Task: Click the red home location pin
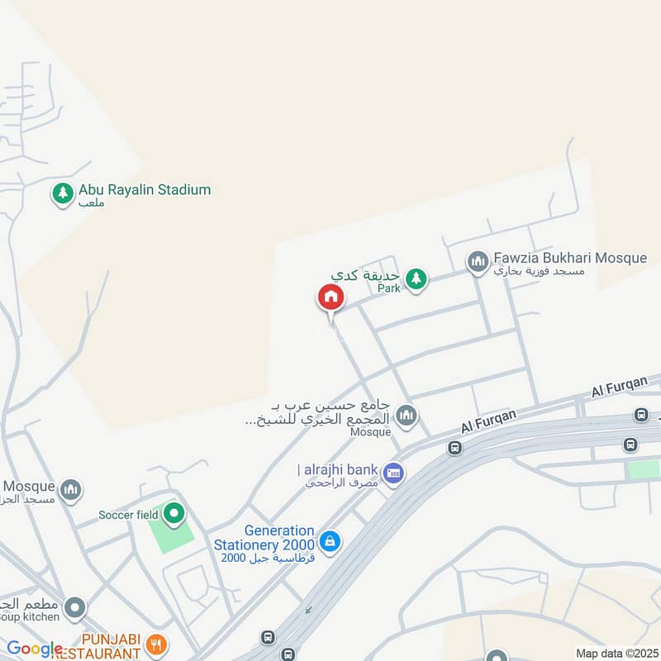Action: click(330, 297)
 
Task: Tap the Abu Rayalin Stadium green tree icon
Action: click(62, 194)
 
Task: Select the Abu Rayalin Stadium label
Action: click(145, 190)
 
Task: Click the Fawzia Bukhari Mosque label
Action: click(569, 258)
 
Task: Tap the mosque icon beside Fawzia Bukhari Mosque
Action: click(478, 263)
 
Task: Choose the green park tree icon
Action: click(417, 278)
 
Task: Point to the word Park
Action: click(388, 288)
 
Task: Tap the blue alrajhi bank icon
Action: click(394, 473)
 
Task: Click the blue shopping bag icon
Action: click(329, 542)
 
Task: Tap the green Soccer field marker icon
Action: click(174, 514)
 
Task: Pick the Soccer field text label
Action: click(128, 515)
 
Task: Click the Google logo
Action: click(35, 649)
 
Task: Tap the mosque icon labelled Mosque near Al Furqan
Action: click(406, 415)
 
